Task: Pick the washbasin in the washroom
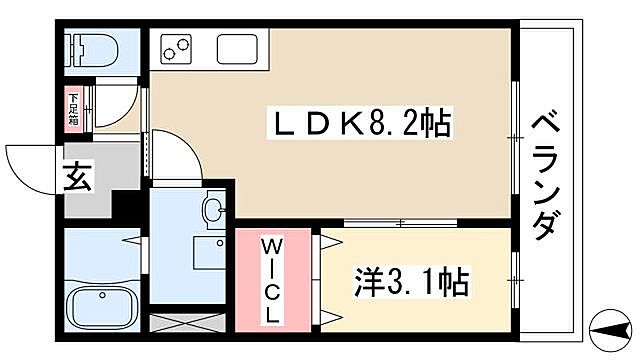[212, 211]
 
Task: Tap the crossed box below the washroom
[190, 323]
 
